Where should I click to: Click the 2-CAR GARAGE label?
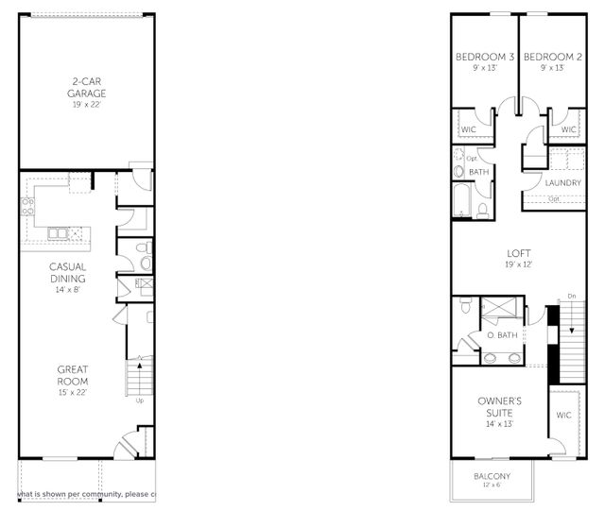[86, 87]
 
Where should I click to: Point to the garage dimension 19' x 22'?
[86, 106]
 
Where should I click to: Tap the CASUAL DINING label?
[68, 273]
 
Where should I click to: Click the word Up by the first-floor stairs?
[140, 401]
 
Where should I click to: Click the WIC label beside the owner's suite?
[564, 416]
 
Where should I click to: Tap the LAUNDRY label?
[562, 182]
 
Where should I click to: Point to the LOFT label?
[518, 254]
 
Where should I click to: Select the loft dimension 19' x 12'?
[518, 265]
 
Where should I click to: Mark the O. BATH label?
[502, 336]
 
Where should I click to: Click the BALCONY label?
[492, 476]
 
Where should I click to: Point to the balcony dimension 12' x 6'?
[492, 486]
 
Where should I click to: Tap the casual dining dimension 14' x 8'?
[68, 291]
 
